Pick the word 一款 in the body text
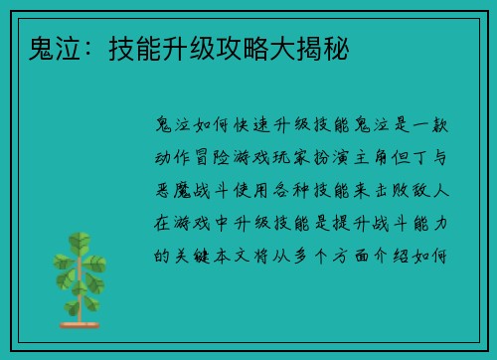click(437, 127)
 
